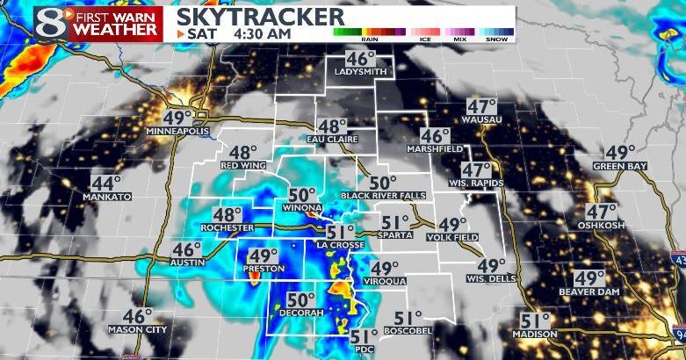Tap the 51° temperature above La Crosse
click(x=340, y=232)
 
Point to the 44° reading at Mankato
click(x=106, y=183)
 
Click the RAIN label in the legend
click(x=370, y=39)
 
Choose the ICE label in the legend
click(x=425, y=39)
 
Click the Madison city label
click(x=536, y=335)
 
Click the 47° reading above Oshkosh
click(x=602, y=212)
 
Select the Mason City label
click(x=136, y=330)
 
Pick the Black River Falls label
click(x=383, y=195)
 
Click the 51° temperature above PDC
click(x=363, y=335)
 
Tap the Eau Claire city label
click(x=332, y=139)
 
